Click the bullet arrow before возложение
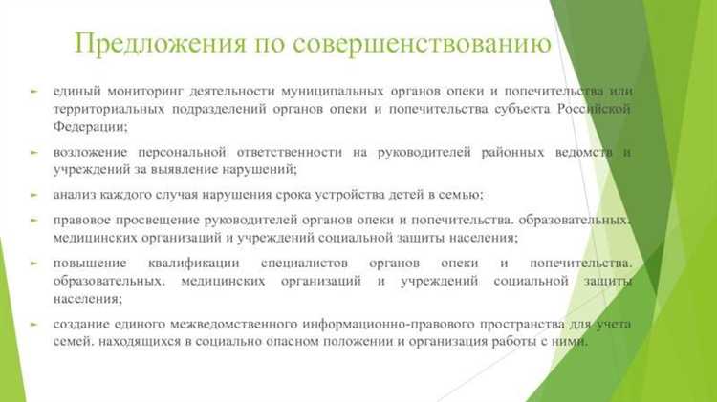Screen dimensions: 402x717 click(33, 152)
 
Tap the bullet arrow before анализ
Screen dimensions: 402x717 click(33, 195)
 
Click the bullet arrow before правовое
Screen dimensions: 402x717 click(33, 221)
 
